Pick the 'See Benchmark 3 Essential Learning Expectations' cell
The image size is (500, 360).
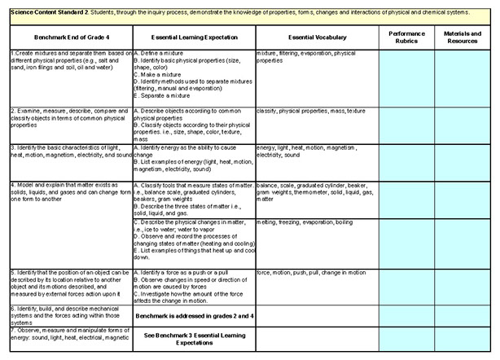[192, 338]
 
